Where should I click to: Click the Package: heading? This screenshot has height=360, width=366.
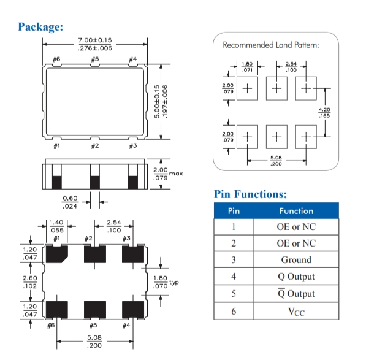pyautogui.click(x=40, y=26)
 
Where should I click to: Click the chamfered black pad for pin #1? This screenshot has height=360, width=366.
pyautogui.click(x=57, y=254)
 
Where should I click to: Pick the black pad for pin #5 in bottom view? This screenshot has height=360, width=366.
pyautogui.click(x=95, y=310)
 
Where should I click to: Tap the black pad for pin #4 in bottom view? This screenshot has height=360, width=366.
pyautogui.click(x=133, y=310)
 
